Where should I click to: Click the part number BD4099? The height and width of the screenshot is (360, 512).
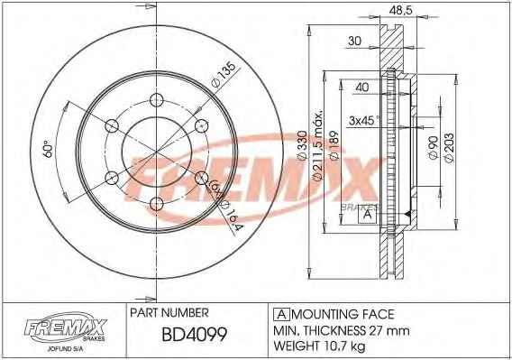pos(195,334)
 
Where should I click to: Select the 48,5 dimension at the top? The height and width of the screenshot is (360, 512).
pos(401,10)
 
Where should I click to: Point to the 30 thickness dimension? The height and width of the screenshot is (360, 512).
pos(354,41)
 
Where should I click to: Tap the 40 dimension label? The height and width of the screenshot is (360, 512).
pos(362,88)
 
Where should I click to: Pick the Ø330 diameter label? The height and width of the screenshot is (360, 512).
pos(302,145)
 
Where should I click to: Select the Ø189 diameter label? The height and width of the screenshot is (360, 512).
pos(334,146)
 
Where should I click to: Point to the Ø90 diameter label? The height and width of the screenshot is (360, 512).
pos(433,147)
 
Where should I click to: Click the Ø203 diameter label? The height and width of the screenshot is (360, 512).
pos(449,147)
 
